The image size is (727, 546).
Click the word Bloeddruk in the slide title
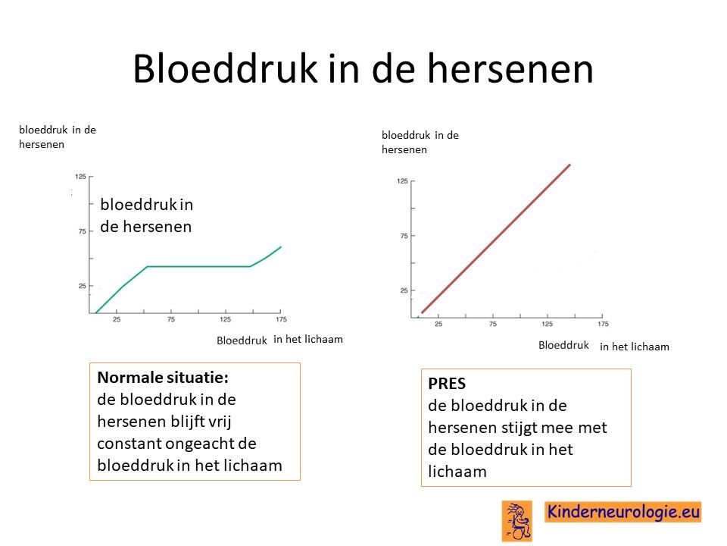pyautogui.click(x=225, y=68)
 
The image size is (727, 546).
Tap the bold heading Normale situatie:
pyautogui.click(x=163, y=378)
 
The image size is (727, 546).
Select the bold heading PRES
pyautogui.click(x=447, y=384)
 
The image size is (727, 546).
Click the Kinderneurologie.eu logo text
pyautogui.click(x=623, y=512)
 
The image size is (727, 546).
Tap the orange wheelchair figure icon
pyautogui.click(x=517, y=521)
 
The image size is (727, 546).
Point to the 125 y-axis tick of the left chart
pyautogui.click(x=80, y=177)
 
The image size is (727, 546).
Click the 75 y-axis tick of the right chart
pyautogui.click(x=404, y=236)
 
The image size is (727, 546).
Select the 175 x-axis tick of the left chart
pyautogui.click(x=281, y=319)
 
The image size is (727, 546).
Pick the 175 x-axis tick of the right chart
pyautogui.click(x=603, y=324)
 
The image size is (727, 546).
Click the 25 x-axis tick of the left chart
pyautogui.click(x=117, y=319)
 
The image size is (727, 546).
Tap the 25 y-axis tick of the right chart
pyautogui.click(x=404, y=290)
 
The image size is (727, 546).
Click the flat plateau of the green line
pyautogui.click(x=198, y=266)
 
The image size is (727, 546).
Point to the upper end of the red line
pyautogui.click(x=569, y=165)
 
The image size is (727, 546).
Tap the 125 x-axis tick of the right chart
pyautogui.click(x=547, y=324)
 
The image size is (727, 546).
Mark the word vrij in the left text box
pyautogui.click(x=221, y=422)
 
